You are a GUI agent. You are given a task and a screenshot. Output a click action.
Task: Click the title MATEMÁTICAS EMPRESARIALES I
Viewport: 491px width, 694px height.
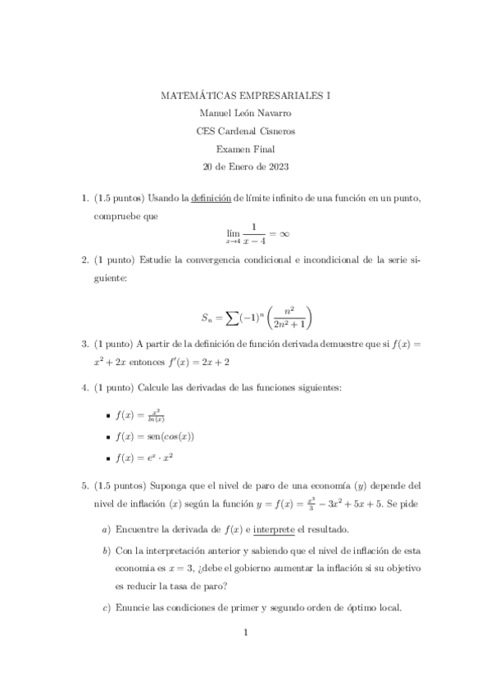coord(245,95)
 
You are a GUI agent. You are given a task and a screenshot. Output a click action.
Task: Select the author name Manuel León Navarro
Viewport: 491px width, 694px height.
coord(245,113)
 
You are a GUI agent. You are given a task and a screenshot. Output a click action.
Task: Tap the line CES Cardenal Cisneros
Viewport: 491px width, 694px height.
coord(245,131)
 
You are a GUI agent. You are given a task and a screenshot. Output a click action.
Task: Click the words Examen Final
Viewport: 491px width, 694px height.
coord(245,149)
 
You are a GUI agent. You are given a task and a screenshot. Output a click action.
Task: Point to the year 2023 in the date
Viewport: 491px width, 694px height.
coord(276,167)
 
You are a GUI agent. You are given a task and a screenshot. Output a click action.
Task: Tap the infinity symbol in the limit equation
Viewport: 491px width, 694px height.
coord(284,233)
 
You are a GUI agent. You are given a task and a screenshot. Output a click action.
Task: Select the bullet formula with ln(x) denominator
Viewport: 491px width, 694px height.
coord(151,416)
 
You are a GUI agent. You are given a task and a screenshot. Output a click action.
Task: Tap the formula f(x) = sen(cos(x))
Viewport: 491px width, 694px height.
coord(160,437)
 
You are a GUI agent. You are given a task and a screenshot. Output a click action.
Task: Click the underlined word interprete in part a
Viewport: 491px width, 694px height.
coord(277,530)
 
